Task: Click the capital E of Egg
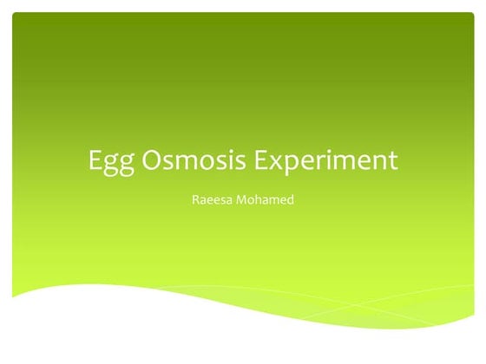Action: (x=95, y=160)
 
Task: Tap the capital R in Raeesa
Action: (x=194, y=200)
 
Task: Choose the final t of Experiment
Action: (x=392, y=161)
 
